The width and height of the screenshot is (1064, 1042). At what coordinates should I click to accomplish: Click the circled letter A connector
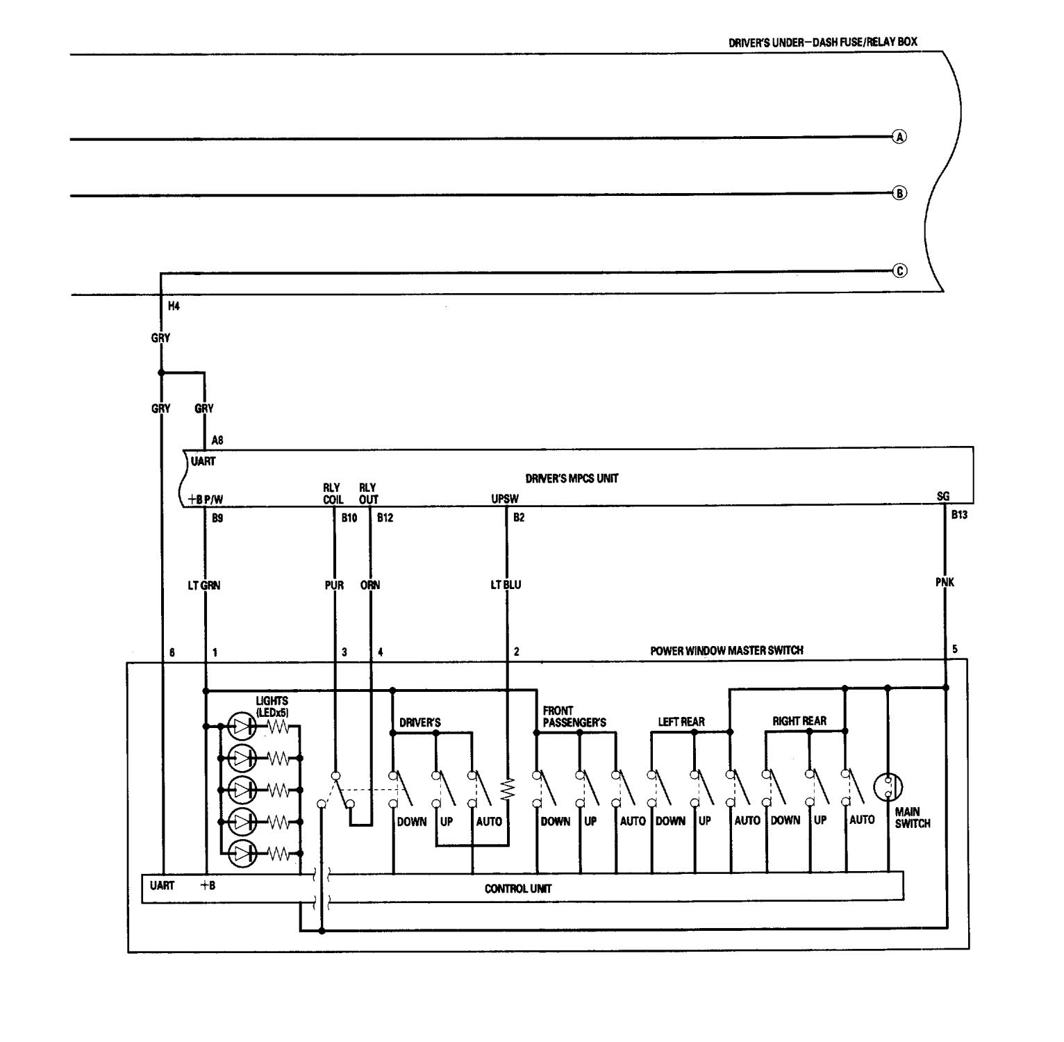899,137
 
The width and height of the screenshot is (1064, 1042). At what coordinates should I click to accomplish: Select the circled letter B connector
899,193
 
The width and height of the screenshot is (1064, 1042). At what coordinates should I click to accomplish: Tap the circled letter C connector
899,271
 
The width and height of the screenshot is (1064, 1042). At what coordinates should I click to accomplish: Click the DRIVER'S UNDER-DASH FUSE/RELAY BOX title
822,42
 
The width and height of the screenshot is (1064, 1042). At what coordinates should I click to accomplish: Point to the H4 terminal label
174,306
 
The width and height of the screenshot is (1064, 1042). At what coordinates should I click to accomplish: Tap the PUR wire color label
335,585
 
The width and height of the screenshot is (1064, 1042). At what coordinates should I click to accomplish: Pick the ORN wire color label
370,585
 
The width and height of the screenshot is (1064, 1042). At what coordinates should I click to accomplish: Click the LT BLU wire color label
506,585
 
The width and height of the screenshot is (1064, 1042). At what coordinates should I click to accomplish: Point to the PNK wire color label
945,582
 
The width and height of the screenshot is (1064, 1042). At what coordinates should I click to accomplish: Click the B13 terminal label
959,515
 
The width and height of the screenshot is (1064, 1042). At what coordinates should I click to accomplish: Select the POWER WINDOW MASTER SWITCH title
726,650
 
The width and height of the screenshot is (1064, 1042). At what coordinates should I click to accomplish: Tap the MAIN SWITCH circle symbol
888,786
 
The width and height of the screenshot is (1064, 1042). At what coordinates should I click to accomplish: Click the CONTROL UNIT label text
518,888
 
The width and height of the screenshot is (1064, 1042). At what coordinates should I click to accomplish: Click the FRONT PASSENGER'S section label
574,717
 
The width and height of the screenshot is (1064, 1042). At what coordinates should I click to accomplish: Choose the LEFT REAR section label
681,722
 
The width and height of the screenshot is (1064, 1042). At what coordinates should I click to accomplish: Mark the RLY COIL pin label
333,493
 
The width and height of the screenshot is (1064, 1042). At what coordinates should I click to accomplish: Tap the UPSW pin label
504,498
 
